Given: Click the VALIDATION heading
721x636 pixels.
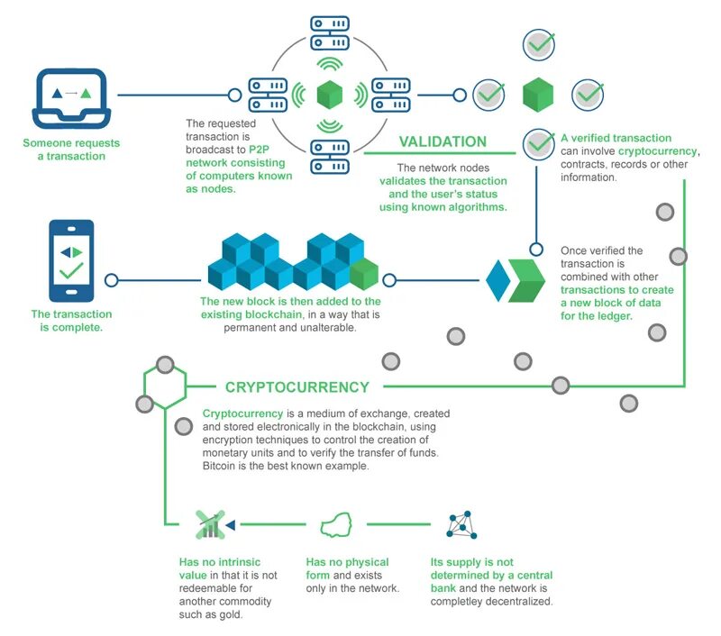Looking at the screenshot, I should tap(443, 141).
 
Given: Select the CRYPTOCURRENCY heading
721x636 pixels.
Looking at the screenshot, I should tap(297, 386).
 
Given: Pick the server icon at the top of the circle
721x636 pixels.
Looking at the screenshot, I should tap(330, 35).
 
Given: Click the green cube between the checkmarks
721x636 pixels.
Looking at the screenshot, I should tap(538, 94).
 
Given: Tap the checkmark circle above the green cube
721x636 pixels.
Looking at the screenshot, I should tap(539, 43).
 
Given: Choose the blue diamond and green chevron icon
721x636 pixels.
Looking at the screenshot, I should tap(516, 279).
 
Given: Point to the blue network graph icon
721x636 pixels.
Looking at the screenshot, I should tap(461, 524).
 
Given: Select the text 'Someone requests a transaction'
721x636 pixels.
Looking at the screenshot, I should tap(71, 150).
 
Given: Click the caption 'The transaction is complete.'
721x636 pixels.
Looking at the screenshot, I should tap(72, 321).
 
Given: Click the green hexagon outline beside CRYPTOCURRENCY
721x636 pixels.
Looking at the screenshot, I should tap(165, 387).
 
